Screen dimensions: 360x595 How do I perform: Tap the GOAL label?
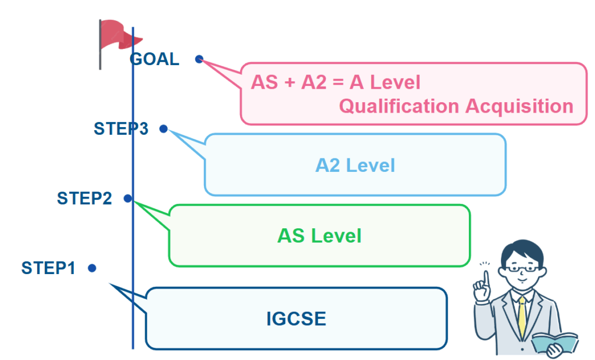[155, 59]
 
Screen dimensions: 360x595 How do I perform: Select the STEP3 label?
[121, 129]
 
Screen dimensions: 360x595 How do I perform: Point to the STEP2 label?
[84, 199]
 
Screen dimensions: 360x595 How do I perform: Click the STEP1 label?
[49, 268]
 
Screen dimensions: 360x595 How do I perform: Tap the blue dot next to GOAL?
[199, 59]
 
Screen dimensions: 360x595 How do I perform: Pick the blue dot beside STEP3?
[164, 129]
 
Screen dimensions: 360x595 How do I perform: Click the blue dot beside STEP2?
[127, 198]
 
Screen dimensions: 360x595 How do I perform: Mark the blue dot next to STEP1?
[92, 268]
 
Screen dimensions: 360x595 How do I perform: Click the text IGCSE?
[296, 319]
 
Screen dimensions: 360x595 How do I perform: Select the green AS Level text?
[319, 236]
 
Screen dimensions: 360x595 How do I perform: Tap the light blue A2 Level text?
[355, 165]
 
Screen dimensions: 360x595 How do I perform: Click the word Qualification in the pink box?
[399, 106]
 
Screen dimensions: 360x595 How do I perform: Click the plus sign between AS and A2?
[289, 82]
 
